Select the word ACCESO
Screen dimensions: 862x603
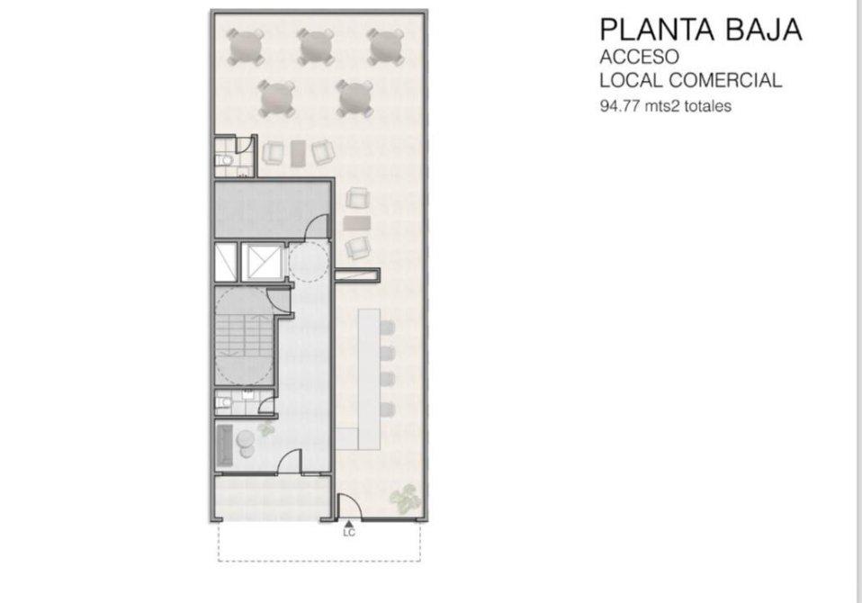coord(640,58)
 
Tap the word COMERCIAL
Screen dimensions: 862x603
coord(724,80)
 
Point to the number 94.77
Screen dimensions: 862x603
coord(620,105)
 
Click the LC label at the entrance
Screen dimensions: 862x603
coord(349,533)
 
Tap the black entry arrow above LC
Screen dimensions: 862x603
coord(348,525)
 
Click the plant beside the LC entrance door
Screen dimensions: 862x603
coord(406,499)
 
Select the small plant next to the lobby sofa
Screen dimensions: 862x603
coord(266,428)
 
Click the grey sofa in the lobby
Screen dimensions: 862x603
coord(224,444)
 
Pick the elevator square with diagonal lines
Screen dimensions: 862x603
coord(263,263)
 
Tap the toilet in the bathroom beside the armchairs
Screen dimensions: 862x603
coord(224,160)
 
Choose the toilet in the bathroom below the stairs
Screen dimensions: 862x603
coord(222,403)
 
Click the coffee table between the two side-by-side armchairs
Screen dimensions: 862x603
coord(298,153)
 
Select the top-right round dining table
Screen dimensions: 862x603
coord(386,47)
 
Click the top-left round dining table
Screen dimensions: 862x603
coord(245,47)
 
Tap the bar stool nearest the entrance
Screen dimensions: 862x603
coord(387,409)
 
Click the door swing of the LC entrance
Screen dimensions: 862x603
coord(348,506)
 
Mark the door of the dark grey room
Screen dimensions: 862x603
coord(318,227)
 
